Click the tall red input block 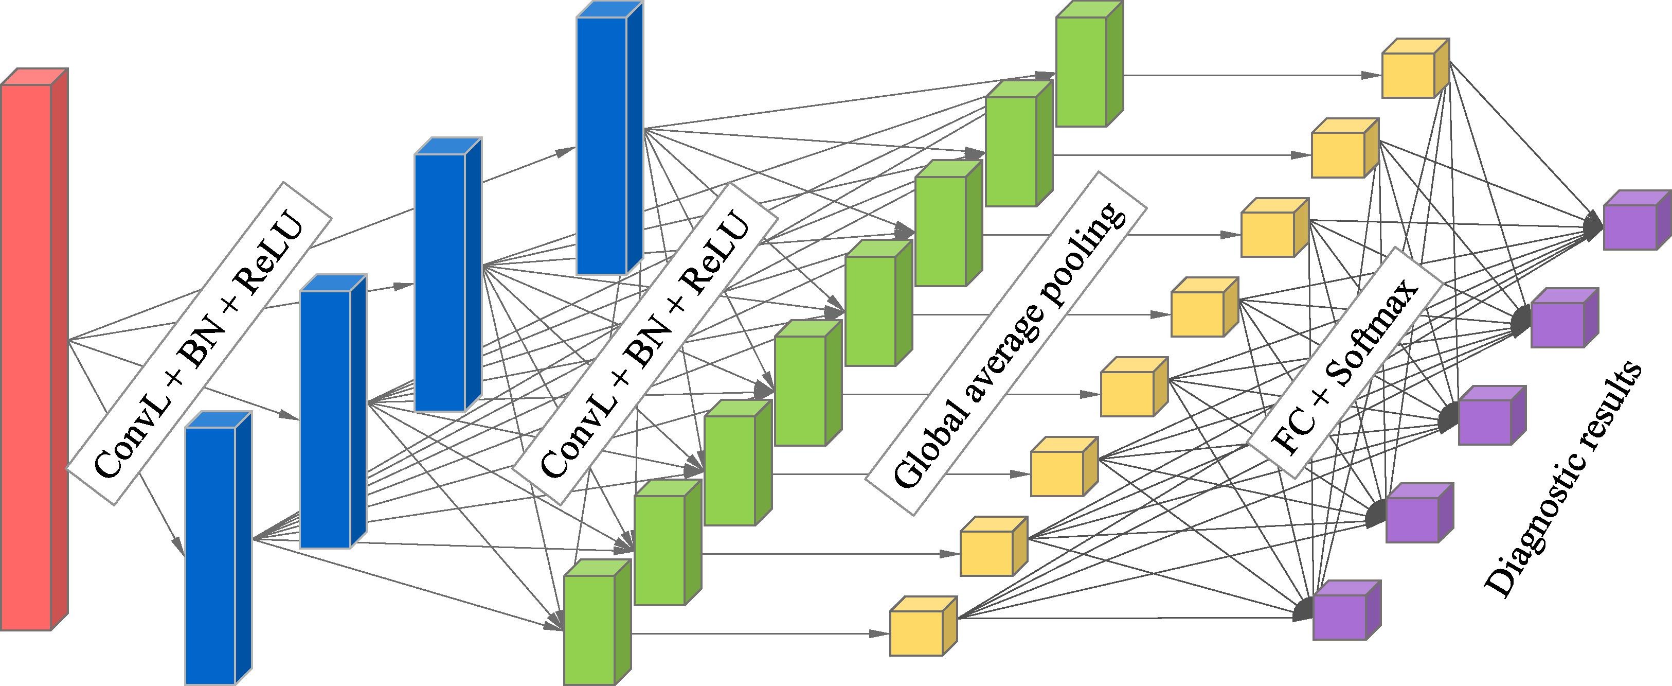point(34,349)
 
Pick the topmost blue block point(610,138)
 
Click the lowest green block point(597,622)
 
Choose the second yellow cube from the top point(1345,148)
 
